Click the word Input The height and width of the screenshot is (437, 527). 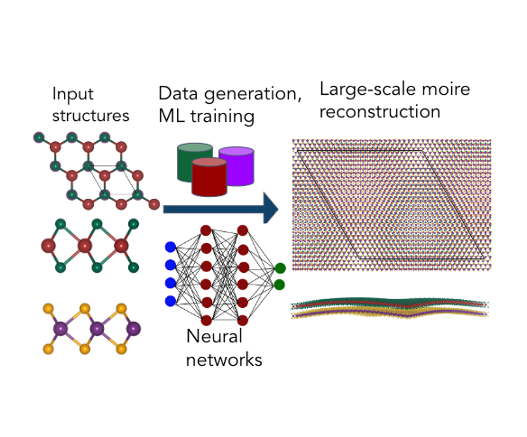pos(73,94)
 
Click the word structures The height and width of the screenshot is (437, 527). pos(91,116)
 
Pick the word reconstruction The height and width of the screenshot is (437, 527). pos(380,111)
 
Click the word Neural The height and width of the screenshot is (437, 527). pos(214,337)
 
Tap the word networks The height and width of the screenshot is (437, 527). pos(224,359)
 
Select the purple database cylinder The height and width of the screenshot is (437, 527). pos(236,165)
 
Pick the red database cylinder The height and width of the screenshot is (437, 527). pos(210,177)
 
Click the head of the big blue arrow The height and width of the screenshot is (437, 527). pos(271,209)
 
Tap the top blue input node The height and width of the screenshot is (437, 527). pos(170,247)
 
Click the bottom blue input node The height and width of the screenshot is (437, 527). pos(170,301)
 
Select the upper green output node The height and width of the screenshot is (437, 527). pos(280,268)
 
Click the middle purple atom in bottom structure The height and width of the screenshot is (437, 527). pos(98,328)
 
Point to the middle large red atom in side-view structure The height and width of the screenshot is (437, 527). pos(85,246)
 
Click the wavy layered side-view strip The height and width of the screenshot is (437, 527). pos(390,309)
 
